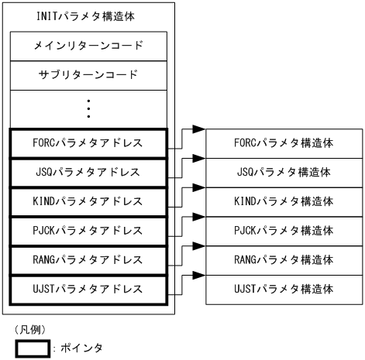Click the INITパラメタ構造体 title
coord(89,15)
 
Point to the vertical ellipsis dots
coord(89,108)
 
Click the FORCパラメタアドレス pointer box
coord(89,143)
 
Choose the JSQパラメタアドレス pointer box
coord(89,172)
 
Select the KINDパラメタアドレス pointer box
coord(89,201)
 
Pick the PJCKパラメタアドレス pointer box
coord(89,231)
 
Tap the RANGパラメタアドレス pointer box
coord(89,260)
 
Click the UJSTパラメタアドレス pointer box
coord(89,289)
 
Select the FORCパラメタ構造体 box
coord(283,143)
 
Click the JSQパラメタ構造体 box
coord(283,172)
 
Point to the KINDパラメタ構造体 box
coord(283,201)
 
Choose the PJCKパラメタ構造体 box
coord(283,231)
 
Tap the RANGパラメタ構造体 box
coord(283,260)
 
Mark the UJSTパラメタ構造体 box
coord(283,289)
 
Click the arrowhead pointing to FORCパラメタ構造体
coord(198,129)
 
